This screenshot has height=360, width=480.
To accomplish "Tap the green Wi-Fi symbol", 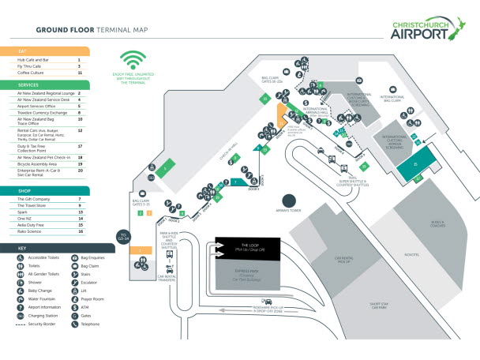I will (x=133, y=62).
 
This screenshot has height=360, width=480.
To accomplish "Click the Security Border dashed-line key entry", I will (x=41, y=324).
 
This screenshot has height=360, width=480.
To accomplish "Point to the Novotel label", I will (x=411, y=255).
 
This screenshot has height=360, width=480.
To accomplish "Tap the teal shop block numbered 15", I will (x=416, y=164).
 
